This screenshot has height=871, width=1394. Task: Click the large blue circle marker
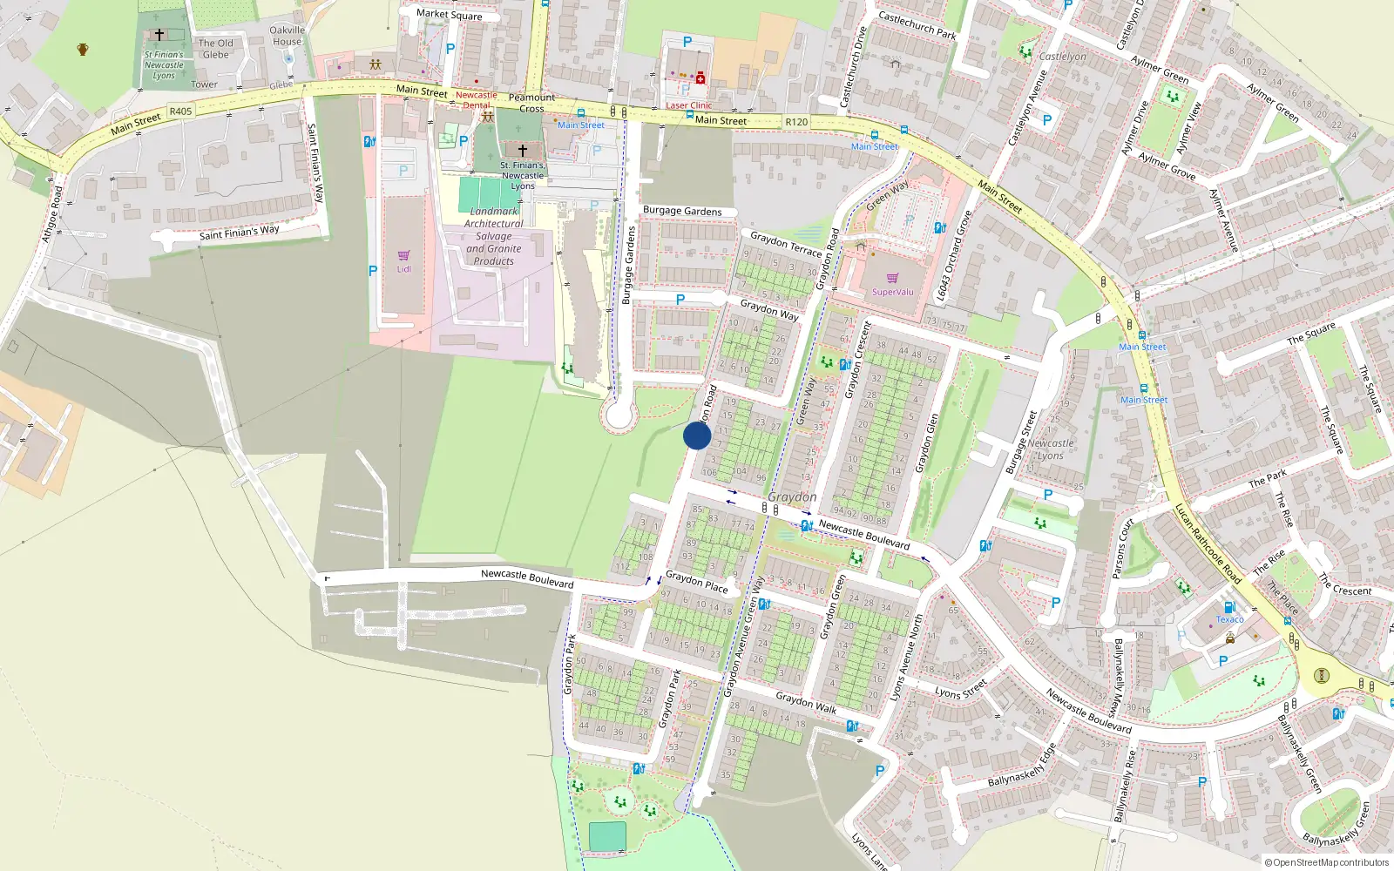(x=697, y=435)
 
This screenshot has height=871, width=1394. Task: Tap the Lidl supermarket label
(x=404, y=269)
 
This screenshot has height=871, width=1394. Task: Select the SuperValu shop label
(x=893, y=292)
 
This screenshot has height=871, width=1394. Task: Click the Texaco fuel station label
(x=1229, y=619)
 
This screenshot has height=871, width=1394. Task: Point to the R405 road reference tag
(x=180, y=111)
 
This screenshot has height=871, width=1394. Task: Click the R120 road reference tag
(x=796, y=122)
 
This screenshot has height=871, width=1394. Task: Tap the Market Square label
(x=449, y=14)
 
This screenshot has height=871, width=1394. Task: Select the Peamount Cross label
(x=531, y=103)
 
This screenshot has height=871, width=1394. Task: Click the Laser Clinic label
(x=689, y=105)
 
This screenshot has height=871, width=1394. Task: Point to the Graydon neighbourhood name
(x=792, y=496)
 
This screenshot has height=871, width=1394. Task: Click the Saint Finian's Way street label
(x=239, y=233)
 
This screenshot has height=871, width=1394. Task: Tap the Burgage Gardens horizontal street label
(x=682, y=211)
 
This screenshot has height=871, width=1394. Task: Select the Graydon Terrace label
(x=786, y=244)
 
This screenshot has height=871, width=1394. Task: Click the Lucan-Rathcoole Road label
(x=1208, y=544)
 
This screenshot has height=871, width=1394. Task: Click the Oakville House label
(x=288, y=36)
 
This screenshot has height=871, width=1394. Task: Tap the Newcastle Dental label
(x=477, y=100)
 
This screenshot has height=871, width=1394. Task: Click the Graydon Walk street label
(x=806, y=702)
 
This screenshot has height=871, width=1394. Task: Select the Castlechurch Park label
(x=917, y=25)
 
